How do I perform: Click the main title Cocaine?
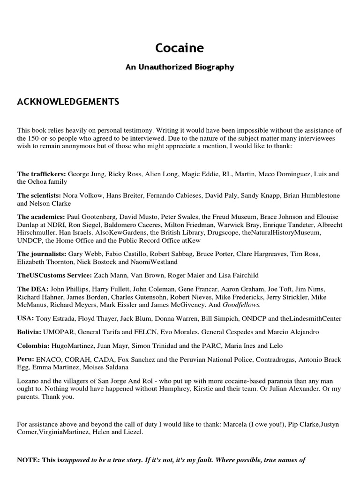180,48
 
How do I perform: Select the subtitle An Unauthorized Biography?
180,67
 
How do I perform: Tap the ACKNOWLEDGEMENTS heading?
68,102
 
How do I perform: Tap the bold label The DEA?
32,290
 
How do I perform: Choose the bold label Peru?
26,360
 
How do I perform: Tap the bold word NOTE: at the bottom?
29,460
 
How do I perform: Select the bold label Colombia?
34,346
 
